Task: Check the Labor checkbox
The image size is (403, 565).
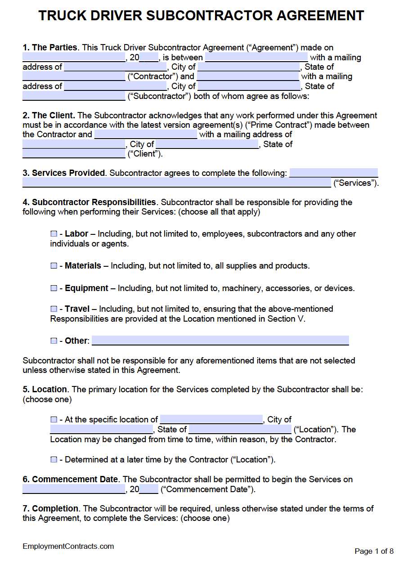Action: pyautogui.click(x=54, y=234)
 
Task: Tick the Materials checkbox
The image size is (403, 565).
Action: pyautogui.click(x=54, y=266)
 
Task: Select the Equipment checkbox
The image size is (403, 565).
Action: pyautogui.click(x=54, y=288)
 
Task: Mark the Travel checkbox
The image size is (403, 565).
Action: pyautogui.click(x=54, y=309)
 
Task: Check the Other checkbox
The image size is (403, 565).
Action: pyautogui.click(x=54, y=341)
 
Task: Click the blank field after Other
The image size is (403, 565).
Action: pyautogui.click(x=220, y=341)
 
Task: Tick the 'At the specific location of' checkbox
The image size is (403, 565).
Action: pyautogui.click(x=54, y=420)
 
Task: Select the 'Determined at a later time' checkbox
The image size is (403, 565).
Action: pyautogui.click(x=54, y=460)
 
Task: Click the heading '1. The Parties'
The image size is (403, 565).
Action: pyautogui.click(x=50, y=48)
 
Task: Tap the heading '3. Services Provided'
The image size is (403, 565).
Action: pyautogui.click(x=64, y=173)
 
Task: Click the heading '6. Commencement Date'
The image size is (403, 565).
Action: pyautogui.click(x=71, y=480)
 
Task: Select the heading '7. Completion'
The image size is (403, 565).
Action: pyautogui.click(x=50, y=509)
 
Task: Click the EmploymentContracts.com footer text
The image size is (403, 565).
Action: pyautogui.click(x=68, y=547)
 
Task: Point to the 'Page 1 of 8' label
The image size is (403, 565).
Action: pyautogui.click(x=374, y=552)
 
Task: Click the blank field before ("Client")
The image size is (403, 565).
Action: pyautogui.click(x=74, y=154)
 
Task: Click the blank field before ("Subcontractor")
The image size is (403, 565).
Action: pyautogui.click(x=74, y=96)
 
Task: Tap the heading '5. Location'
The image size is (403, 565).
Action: pyautogui.click(x=45, y=390)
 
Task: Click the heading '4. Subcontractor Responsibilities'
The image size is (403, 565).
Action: pyautogui.click(x=89, y=202)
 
